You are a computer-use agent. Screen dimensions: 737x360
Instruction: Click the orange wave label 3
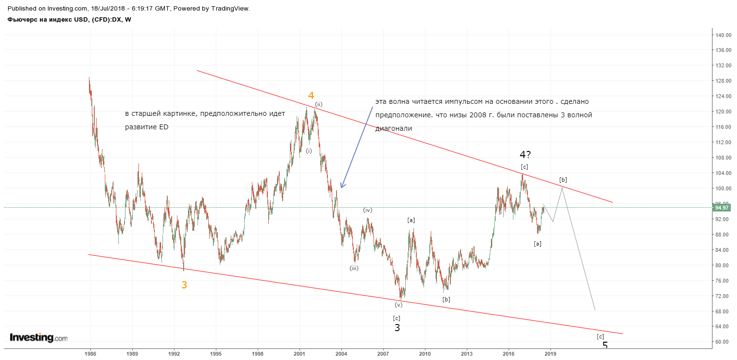coord(184,285)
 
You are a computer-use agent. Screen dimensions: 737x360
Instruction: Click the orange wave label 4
coord(311,96)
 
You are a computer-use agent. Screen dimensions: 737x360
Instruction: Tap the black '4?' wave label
coord(525,154)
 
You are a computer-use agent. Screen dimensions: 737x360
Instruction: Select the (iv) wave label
coord(367,210)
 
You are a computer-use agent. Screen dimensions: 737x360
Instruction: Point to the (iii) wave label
coord(354,268)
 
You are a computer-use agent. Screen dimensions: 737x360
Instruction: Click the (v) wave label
coord(399,305)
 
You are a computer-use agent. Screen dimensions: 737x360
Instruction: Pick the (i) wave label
coord(309,151)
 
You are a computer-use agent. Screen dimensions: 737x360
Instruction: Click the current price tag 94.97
coord(721,208)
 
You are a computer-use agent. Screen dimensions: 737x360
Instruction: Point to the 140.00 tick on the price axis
coord(722,35)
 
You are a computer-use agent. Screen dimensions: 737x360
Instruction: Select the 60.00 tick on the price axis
coord(722,342)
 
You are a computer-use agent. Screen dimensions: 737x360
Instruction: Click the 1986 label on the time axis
coord(90,354)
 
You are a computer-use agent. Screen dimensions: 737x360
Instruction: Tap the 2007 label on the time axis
coord(383,354)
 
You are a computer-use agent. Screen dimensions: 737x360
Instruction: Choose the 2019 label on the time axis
coord(550,354)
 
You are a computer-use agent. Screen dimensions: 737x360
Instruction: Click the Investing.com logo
coord(38,337)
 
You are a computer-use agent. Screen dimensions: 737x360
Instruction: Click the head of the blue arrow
coord(341,187)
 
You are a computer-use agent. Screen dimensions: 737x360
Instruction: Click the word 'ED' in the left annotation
coord(164,127)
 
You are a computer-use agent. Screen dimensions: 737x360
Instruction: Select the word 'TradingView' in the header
coord(230,9)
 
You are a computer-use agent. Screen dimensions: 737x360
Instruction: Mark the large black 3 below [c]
coord(397,328)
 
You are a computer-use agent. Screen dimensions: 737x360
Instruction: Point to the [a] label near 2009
coord(411,220)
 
